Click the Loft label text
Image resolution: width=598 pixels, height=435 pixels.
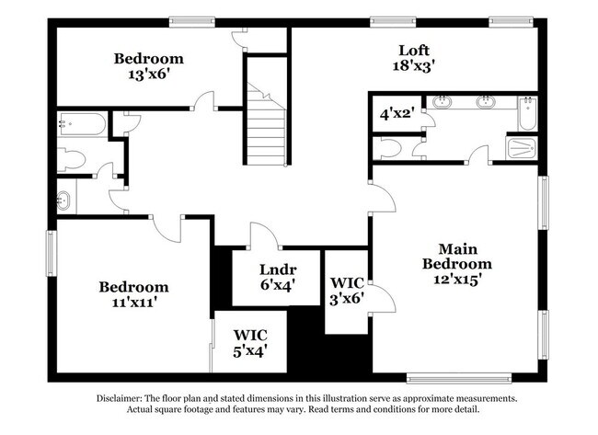(x=414, y=50)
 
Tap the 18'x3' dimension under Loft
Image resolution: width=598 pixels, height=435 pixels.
(x=414, y=65)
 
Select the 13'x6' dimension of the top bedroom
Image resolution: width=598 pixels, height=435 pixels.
(x=148, y=74)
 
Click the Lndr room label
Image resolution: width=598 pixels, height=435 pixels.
(x=277, y=269)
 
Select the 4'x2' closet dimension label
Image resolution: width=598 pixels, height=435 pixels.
(x=397, y=115)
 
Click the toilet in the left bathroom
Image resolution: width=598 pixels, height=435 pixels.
(x=71, y=159)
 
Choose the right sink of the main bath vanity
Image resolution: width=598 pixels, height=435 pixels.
(x=486, y=102)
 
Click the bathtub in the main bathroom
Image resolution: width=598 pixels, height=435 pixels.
(x=525, y=112)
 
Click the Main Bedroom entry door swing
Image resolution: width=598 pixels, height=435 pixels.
(x=382, y=195)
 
